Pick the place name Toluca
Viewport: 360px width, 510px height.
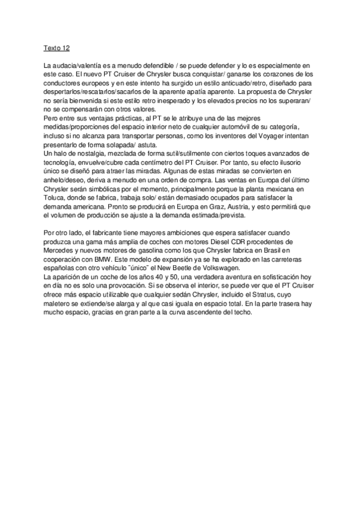click(x=55, y=204)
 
